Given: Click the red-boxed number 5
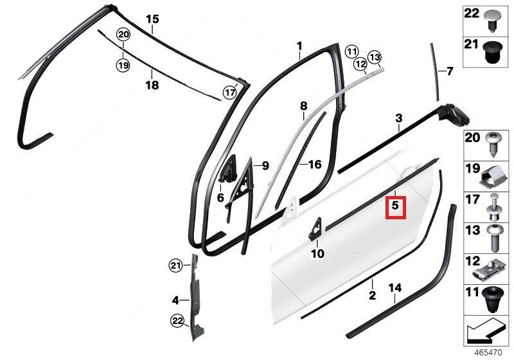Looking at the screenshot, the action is [395, 206].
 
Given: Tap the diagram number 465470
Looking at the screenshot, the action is [488, 353].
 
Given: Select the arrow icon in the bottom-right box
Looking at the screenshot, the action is [483, 330].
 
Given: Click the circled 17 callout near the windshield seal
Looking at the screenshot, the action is [230, 93].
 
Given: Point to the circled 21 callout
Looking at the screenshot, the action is [176, 265].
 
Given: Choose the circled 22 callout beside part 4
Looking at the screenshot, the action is [177, 321].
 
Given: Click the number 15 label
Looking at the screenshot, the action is [152, 19].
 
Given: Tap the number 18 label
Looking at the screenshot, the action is [152, 85].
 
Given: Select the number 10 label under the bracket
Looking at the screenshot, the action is [317, 253].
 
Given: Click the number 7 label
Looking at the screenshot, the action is [449, 71].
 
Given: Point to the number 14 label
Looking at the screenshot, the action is [394, 288].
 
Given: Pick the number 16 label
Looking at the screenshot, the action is [315, 165].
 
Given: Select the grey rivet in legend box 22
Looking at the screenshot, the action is [492, 20].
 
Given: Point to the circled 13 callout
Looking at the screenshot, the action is [375, 58].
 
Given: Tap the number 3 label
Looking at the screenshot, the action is [398, 118].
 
